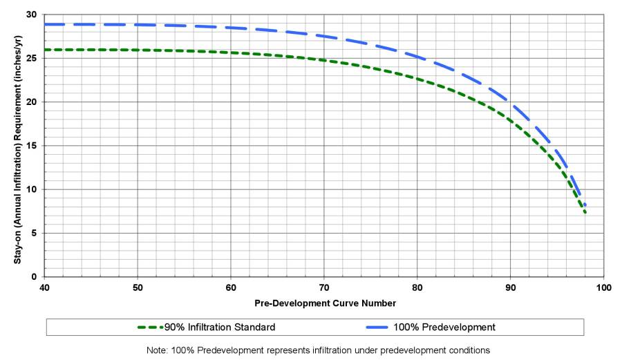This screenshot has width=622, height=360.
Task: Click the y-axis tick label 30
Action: pyautogui.click(x=32, y=15)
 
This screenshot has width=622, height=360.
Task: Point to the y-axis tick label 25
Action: pyautogui.click(x=32, y=58)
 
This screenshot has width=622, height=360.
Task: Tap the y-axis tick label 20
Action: pyautogui.click(x=32, y=102)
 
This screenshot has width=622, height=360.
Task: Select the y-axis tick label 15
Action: pyautogui.click(x=32, y=146)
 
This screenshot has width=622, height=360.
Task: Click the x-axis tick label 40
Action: pyautogui.click(x=44, y=287)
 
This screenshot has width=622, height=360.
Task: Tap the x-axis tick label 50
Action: pyautogui.click(x=138, y=287)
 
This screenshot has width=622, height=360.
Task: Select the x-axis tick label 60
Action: pyautogui.click(x=231, y=287)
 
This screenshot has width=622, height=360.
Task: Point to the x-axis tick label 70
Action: pyautogui.click(x=324, y=287)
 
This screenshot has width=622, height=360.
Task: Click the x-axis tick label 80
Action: pyautogui.click(x=417, y=287)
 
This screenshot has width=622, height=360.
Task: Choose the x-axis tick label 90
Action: pyautogui.click(x=510, y=287)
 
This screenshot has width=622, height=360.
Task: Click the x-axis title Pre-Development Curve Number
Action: pyautogui.click(x=325, y=303)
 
